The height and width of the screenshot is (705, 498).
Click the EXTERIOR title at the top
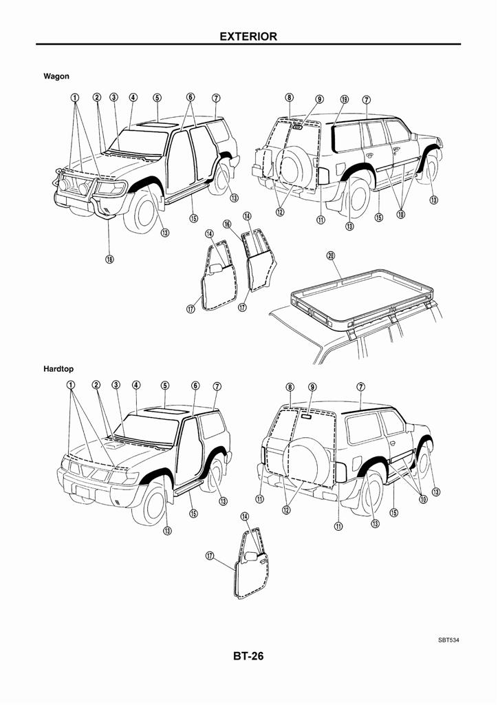(248, 36)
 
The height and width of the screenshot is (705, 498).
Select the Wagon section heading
(56, 76)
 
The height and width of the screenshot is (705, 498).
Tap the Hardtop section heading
(58, 369)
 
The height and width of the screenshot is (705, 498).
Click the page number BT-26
(248, 656)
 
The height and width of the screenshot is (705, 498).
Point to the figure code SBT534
(448, 640)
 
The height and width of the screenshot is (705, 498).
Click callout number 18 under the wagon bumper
(109, 260)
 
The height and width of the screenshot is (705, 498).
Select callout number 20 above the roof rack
(331, 256)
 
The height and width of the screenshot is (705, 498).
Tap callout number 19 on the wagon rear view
(344, 98)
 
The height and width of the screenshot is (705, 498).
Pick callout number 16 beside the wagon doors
(226, 224)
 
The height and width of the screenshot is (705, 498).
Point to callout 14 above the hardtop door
(245, 516)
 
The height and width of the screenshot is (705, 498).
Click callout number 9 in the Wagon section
(319, 98)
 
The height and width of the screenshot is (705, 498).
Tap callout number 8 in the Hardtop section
(290, 387)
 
